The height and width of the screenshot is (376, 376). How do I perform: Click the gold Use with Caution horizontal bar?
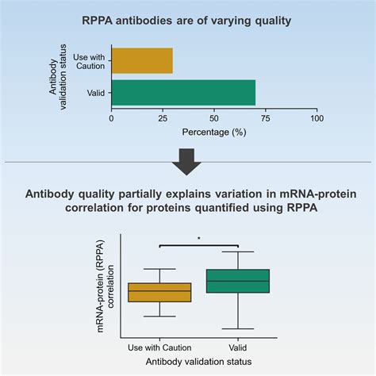tap(142, 61)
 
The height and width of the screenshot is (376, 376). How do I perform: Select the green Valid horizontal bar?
tap(183, 92)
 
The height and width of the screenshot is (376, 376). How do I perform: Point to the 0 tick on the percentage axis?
tap(112, 118)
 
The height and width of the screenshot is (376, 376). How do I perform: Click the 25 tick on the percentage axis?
tap(163, 118)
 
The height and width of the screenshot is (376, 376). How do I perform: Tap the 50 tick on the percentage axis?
tap(214, 118)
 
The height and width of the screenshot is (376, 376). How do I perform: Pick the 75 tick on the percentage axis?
tap(266, 118)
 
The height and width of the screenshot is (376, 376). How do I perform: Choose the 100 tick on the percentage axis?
tap(317, 118)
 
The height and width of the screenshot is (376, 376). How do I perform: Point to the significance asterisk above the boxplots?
tap(199, 237)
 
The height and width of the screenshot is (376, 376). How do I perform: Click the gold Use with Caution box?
tap(159, 292)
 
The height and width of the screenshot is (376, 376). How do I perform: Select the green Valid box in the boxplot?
tap(238, 281)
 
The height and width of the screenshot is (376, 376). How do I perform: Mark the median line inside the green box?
tap(238, 281)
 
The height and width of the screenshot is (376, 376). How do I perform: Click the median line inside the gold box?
tap(159, 291)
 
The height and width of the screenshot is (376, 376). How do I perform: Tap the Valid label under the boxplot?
tap(238, 347)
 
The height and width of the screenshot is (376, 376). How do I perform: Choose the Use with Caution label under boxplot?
tap(159, 347)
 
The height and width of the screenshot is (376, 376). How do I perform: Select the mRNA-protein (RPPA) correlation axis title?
tap(106, 286)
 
